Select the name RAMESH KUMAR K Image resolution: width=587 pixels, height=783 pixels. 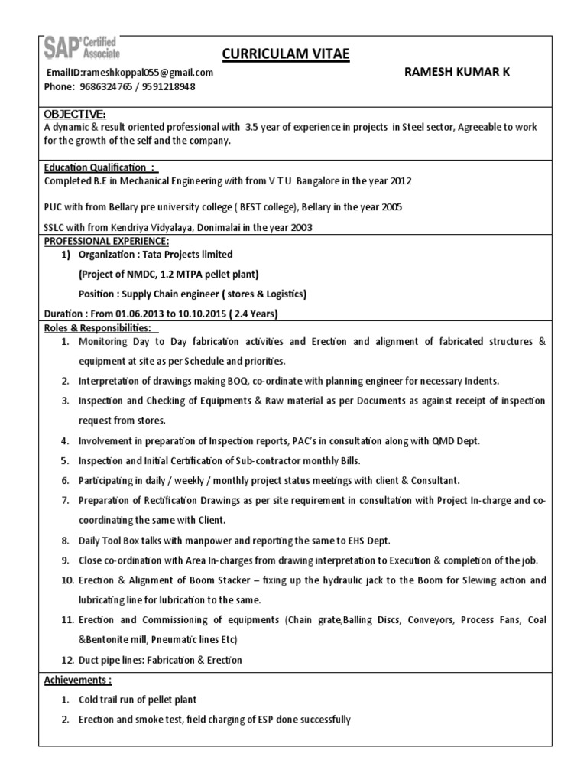(456, 72)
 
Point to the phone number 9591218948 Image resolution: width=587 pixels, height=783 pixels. (168, 87)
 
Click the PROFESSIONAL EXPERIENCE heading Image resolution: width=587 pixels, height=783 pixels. (106, 240)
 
